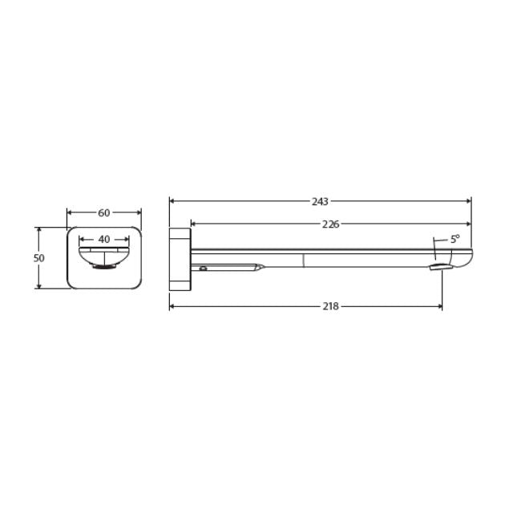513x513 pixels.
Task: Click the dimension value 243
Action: (x=320, y=201)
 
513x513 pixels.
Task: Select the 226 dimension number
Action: (x=330, y=224)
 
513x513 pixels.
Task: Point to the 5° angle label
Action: (x=454, y=239)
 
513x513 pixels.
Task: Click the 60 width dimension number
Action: (x=104, y=213)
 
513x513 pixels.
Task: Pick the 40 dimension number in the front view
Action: (x=104, y=239)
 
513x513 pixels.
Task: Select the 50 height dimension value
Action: (x=38, y=258)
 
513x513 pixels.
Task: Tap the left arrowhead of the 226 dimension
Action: (x=193, y=224)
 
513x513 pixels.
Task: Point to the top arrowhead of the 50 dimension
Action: (x=38, y=230)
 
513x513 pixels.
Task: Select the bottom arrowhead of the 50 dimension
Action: (x=38, y=285)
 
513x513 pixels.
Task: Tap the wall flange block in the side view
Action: (x=180, y=258)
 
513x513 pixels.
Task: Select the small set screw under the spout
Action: (x=204, y=269)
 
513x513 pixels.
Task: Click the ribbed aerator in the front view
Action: (x=103, y=268)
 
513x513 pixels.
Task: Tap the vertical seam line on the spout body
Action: (x=304, y=259)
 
